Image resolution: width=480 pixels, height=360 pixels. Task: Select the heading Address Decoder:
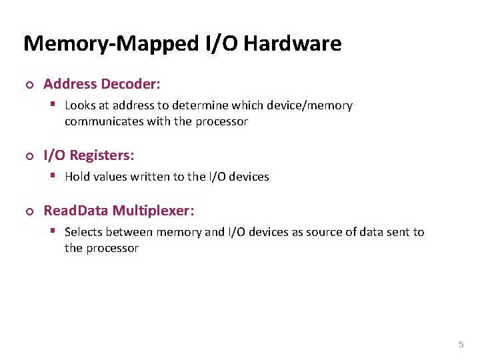click(x=102, y=84)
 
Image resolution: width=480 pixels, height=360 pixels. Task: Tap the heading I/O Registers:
click(x=89, y=155)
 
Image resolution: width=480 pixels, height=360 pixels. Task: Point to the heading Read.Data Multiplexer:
click(x=119, y=211)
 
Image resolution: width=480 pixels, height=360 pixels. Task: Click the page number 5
click(x=461, y=345)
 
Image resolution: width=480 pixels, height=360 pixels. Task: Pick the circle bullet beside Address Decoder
click(x=29, y=85)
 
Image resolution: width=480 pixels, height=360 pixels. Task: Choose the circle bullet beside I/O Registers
click(x=29, y=156)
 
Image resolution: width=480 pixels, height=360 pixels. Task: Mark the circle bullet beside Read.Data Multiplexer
click(x=29, y=211)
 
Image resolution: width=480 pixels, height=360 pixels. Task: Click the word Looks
click(x=79, y=105)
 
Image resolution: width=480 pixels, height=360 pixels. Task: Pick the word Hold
click(x=77, y=177)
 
